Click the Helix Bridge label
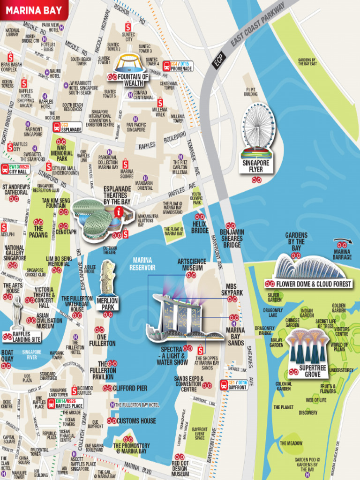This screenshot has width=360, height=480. pyautogui.click(x=200, y=227)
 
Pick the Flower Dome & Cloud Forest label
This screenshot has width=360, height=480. pyautogui.click(x=313, y=284)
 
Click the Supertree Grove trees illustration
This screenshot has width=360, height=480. pyautogui.click(x=307, y=346)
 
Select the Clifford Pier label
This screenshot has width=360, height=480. pyautogui.click(x=130, y=388)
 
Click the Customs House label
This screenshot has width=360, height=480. pyautogui.click(x=135, y=421)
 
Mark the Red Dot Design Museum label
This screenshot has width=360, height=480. pyautogui.click(x=180, y=468)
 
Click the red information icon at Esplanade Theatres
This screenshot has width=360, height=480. pyautogui.click(x=119, y=212)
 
